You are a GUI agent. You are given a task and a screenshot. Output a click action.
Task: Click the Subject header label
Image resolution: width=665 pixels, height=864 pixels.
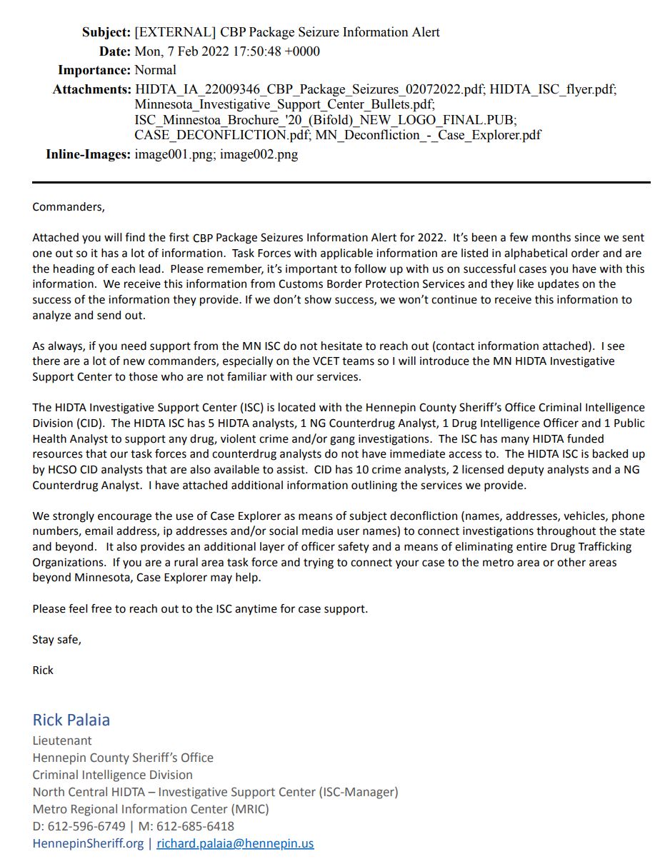tap(106, 32)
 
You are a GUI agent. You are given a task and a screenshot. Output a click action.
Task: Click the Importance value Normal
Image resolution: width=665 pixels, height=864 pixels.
tap(156, 70)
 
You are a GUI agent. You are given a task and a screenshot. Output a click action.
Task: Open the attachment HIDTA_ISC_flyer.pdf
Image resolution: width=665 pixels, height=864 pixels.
tap(553, 89)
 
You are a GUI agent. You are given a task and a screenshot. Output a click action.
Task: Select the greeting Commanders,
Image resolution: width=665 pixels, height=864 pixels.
tap(69, 207)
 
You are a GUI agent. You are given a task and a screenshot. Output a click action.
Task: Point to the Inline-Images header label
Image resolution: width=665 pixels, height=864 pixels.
tap(88, 154)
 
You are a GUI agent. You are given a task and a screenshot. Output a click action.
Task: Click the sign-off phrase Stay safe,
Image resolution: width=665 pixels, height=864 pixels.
tap(57, 640)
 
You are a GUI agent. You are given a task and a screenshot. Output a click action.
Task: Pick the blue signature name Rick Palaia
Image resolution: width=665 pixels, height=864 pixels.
tap(71, 720)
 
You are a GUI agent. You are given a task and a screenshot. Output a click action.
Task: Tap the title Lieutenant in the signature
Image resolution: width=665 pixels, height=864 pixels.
tap(62, 740)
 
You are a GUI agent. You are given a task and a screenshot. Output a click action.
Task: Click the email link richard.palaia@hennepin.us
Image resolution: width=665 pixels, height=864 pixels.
tap(235, 843)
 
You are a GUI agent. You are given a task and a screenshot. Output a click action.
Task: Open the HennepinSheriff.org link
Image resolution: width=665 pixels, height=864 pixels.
tap(88, 843)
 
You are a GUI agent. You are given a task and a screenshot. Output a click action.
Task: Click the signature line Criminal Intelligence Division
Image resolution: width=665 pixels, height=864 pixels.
tap(112, 775)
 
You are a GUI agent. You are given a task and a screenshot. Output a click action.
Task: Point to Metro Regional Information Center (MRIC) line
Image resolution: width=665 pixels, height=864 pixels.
tap(151, 809)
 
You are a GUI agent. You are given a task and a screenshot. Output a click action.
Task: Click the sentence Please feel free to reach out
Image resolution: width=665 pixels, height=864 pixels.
tap(200, 609)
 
